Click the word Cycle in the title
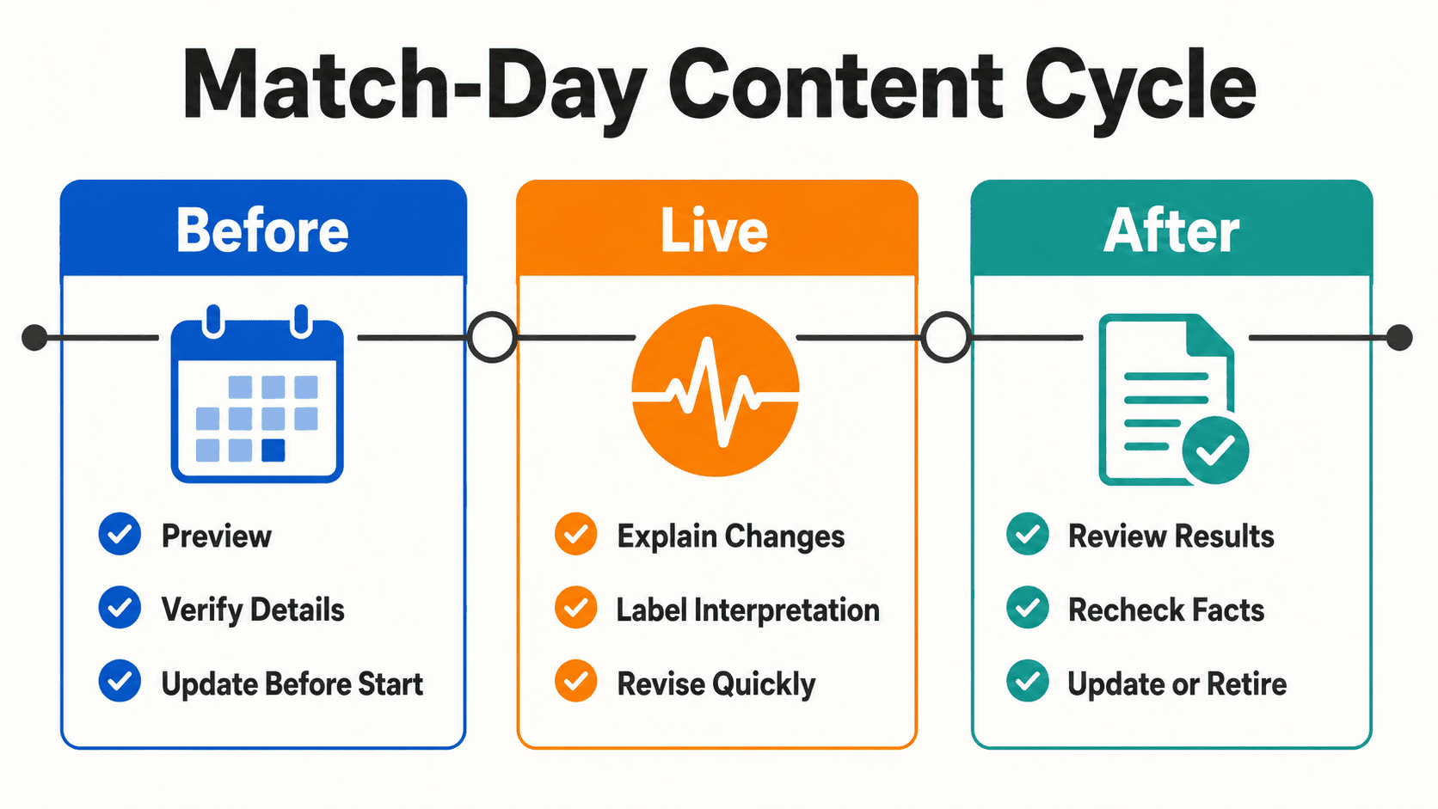coord(1140,89)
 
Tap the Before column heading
coord(262,231)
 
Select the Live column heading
coord(715,231)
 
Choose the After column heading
coord(1171,231)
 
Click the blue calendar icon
coord(257,394)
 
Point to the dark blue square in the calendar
coord(273,450)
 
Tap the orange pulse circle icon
coord(716,390)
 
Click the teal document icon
coord(1173,399)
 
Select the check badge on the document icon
coord(1216,450)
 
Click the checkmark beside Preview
coord(120,534)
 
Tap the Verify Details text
coord(253,610)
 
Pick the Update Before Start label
coord(292,683)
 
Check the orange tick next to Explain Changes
coord(576,534)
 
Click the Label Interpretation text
coord(748,610)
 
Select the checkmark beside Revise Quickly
coord(576,681)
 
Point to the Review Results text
coord(1171,536)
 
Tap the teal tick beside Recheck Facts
coord(1028,608)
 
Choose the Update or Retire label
coord(1177,683)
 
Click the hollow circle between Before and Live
coord(492,338)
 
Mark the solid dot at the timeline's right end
coord(1399,338)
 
